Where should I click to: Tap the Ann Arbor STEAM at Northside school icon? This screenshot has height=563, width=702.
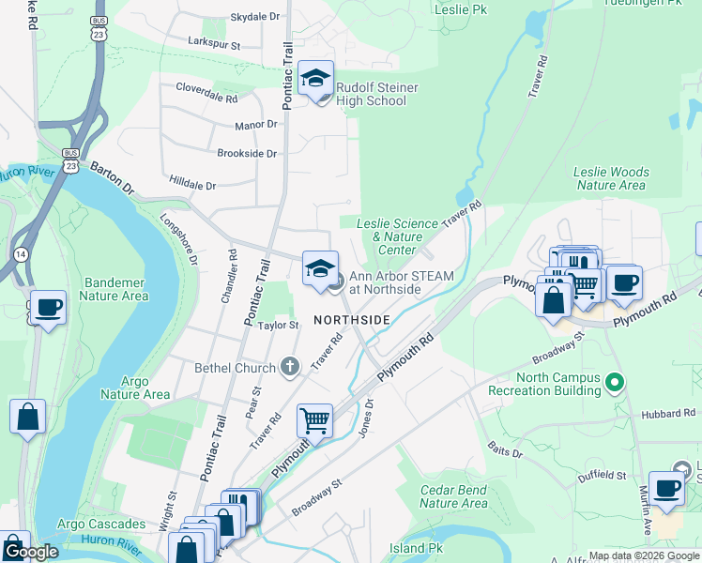point(320,269)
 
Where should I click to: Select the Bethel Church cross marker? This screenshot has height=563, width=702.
point(290,368)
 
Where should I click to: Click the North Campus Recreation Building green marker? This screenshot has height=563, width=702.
point(615,382)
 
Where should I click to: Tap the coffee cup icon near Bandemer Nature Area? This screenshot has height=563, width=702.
point(48,308)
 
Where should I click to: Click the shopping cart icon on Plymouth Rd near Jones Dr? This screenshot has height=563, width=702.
point(314,421)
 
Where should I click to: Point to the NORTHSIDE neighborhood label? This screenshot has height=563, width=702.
point(352,320)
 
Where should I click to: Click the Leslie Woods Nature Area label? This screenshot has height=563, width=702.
point(611,178)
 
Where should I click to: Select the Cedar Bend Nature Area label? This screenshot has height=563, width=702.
point(453,496)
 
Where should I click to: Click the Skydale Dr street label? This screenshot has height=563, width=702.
point(254,18)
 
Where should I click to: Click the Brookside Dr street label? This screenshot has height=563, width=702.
point(247,153)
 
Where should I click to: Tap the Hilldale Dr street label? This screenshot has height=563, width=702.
point(193,186)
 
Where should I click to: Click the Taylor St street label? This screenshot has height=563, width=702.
point(278,326)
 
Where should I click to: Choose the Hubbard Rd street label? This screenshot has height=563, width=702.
point(667,414)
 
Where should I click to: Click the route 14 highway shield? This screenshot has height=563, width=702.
point(20,254)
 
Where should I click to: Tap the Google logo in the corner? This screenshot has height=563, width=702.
point(32,552)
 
